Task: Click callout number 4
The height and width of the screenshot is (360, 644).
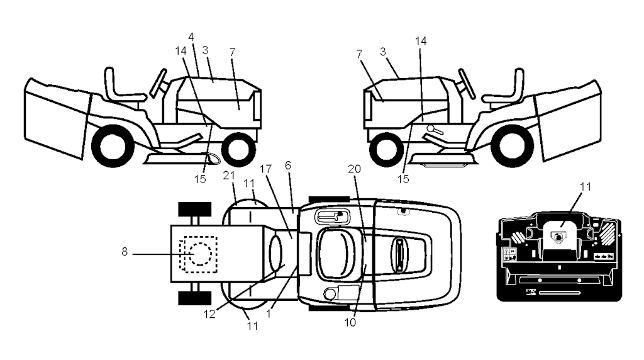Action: [191, 37]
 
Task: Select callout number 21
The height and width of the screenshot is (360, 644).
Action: [229, 176]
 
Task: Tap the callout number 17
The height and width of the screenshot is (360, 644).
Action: [266, 169]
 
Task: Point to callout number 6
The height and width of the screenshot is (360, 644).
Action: [288, 165]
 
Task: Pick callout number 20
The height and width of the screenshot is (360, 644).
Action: [354, 169]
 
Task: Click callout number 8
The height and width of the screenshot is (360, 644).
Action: [125, 252]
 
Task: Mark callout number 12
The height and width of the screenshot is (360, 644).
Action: [209, 315]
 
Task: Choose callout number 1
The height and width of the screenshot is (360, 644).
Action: [269, 313]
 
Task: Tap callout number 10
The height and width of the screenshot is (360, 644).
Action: [350, 323]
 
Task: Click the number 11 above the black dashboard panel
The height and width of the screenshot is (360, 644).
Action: [586, 186]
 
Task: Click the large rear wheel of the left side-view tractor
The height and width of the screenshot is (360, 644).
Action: [113, 145]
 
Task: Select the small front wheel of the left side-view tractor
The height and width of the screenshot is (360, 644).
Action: [238, 149]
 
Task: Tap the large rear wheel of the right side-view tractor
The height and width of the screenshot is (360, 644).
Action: [512, 145]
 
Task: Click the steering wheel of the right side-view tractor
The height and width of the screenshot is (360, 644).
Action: [467, 84]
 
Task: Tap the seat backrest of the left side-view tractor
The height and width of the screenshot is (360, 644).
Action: [109, 84]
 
